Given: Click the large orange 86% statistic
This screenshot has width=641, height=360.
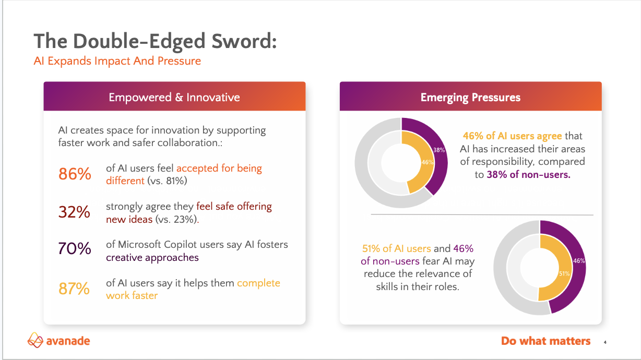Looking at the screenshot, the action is coord(75,174).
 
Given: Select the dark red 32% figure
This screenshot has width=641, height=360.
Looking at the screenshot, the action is coord(74,212).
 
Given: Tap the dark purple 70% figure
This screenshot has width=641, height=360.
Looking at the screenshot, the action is coord(75,248).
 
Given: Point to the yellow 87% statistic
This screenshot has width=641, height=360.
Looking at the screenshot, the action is coord(74,289).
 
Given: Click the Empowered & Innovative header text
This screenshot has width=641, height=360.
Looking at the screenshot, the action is coord(174,98).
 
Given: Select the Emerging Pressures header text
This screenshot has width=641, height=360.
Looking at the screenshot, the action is coord(470,98).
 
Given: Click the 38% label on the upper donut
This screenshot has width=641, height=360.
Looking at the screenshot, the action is coord(439,150).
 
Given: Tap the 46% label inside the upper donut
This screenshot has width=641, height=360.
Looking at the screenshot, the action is coord(427,162).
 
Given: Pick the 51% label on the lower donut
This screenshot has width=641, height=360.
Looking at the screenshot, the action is coord(564,273).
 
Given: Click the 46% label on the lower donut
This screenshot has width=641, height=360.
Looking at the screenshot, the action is coord(579,261).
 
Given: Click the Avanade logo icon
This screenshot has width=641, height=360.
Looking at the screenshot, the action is coord(35,340).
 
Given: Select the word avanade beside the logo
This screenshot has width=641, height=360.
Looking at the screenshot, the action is coord(68,341).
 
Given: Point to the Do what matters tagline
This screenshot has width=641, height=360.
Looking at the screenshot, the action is coord(545,341).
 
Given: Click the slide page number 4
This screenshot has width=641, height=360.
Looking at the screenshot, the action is coord(605,342).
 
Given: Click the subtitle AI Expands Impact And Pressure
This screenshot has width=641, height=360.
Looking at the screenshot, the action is coord(117,61).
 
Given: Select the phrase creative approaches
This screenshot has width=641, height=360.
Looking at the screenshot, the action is coord(152,258).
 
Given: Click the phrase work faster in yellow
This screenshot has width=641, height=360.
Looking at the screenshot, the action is coord(132,295).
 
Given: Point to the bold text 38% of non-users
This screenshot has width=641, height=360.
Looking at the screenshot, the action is coord(529,174).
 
